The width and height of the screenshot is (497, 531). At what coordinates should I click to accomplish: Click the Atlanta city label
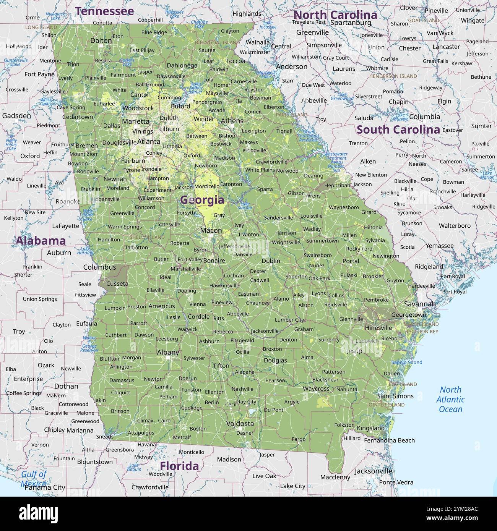pyautogui.click(x=149, y=141)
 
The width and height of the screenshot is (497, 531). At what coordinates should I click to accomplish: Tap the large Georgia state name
pyautogui.click(x=202, y=199)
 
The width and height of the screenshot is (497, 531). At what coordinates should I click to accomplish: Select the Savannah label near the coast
pyautogui.click(x=420, y=304)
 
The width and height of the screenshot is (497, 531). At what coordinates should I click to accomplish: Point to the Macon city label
pyautogui.click(x=211, y=230)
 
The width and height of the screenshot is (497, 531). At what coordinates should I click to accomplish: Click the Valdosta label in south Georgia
pyautogui.click(x=240, y=423)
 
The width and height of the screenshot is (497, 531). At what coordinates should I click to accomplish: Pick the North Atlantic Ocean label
pyautogui.click(x=450, y=399)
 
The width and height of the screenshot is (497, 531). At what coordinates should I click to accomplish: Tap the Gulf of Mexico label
pyautogui.click(x=34, y=478)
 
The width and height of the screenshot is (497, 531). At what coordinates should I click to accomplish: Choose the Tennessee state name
pyautogui.click(x=104, y=11)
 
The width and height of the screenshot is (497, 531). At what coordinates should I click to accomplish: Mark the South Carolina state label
pyautogui.click(x=398, y=130)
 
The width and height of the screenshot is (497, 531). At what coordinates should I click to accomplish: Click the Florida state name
pyautogui.click(x=179, y=466)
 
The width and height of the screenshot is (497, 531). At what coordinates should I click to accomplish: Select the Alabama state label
pyautogui.click(x=41, y=240)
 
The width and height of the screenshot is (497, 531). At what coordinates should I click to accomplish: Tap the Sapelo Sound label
pyautogui.click(x=406, y=362)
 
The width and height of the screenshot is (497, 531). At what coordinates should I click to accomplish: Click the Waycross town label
pyautogui.click(x=316, y=389)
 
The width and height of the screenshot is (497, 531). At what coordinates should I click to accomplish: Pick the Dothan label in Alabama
pyautogui.click(x=66, y=386)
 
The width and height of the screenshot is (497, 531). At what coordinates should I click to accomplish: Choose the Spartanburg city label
pyautogui.click(x=351, y=23)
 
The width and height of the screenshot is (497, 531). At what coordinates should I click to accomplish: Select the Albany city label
pyautogui.click(x=168, y=352)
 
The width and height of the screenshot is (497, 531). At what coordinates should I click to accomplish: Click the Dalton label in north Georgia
pyautogui.click(x=101, y=40)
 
